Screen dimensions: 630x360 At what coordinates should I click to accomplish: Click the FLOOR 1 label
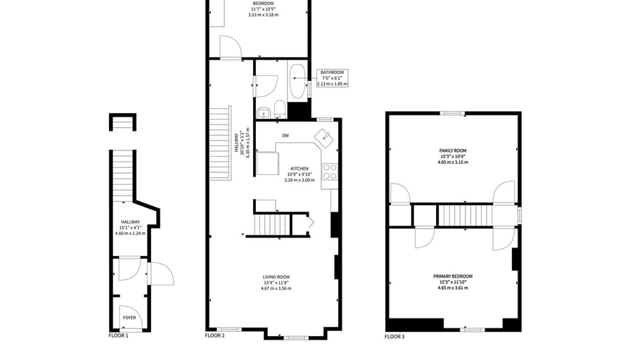tap(119, 335)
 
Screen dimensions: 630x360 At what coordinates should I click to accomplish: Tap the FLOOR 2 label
tap(214, 335)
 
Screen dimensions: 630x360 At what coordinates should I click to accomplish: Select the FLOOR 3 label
tap(394, 337)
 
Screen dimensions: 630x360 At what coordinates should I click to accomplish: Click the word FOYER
tap(129, 317)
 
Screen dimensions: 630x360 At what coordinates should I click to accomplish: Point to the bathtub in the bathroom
tap(297, 81)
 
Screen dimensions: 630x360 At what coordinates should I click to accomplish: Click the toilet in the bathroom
tap(280, 110)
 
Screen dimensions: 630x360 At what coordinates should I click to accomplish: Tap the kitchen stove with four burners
tap(330, 172)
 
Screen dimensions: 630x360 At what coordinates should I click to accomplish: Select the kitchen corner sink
tap(324, 139)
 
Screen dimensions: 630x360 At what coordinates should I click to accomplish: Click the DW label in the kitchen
tap(285, 136)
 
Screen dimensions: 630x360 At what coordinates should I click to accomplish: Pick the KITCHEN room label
tap(300, 169)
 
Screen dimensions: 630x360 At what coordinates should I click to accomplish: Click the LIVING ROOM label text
tap(276, 277)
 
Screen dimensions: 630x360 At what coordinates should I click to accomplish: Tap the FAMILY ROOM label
tap(453, 150)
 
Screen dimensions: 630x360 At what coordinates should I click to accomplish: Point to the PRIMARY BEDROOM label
tap(453, 276)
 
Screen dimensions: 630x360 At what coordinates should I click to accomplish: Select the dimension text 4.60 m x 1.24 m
tap(131, 233)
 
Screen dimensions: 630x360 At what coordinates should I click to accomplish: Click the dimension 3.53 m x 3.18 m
tap(263, 15)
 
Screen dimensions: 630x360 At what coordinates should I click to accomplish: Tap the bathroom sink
tap(264, 114)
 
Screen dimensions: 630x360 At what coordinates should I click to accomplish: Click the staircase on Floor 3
tap(465, 216)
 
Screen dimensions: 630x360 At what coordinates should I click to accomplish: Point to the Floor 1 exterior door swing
tap(162, 274)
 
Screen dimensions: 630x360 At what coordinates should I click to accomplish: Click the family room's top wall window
tap(452, 113)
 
